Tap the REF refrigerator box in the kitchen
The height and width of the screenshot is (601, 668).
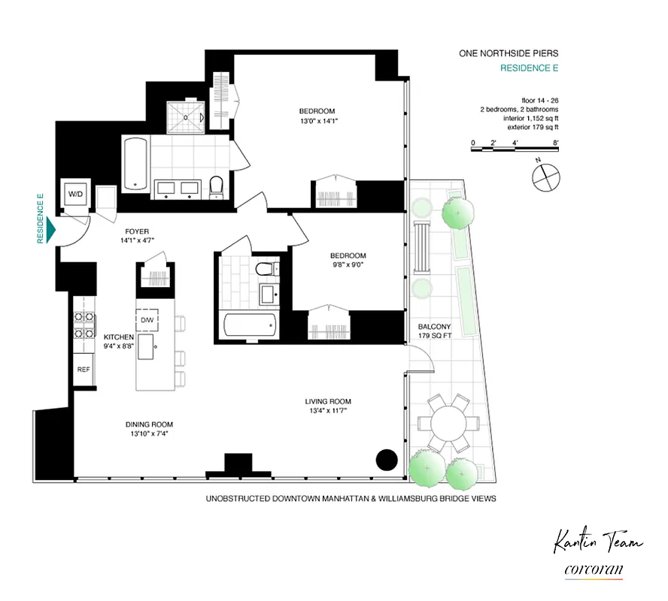pos(83,370)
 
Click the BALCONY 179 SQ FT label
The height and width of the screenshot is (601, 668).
pos(434,331)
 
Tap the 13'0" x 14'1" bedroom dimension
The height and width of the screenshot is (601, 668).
pos(316,122)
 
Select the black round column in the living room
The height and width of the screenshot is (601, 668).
pos(387,460)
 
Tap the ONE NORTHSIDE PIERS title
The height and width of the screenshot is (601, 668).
pos(509,53)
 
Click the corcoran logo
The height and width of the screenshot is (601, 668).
pos(594,569)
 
